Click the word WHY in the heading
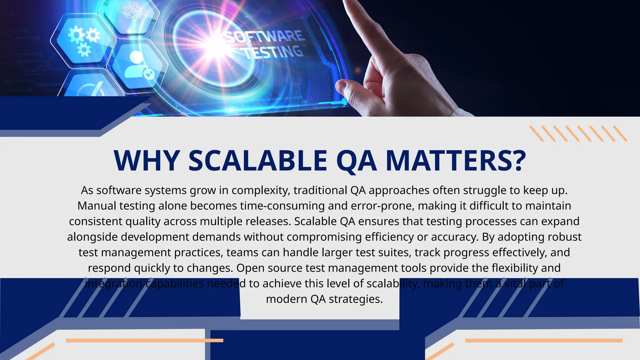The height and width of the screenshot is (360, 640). click(146, 161)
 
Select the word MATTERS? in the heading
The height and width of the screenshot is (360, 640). click(456, 161)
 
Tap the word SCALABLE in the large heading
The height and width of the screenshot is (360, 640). click(258, 161)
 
